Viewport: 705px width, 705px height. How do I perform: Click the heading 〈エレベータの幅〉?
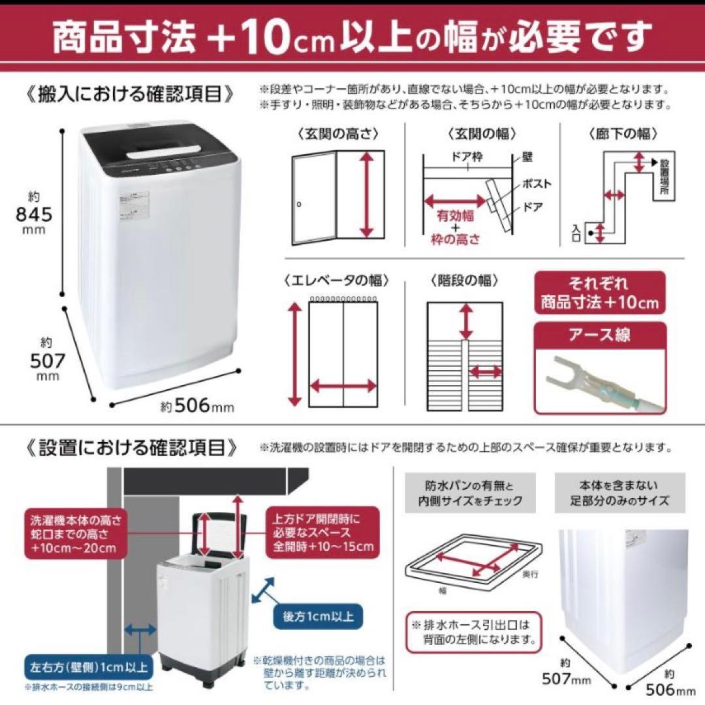point(337,281)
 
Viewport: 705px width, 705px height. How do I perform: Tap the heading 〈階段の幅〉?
point(464,281)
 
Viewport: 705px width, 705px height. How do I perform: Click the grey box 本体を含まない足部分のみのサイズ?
point(618,493)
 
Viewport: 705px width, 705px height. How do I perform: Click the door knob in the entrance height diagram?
point(298,204)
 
